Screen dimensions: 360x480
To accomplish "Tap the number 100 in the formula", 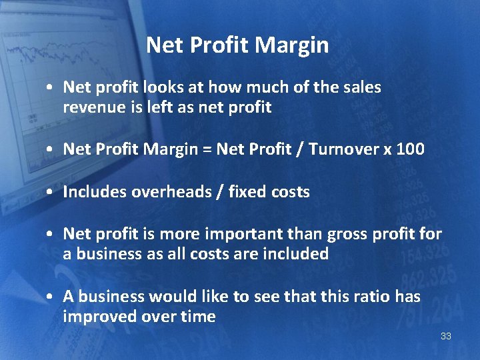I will click(409, 149).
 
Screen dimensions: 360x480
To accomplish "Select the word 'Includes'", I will click(94, 192).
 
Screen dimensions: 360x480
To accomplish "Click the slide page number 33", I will click(446, 336).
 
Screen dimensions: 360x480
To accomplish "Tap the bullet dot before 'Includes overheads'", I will click(51, 193).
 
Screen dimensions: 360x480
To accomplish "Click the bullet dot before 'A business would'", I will click(51, 297).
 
